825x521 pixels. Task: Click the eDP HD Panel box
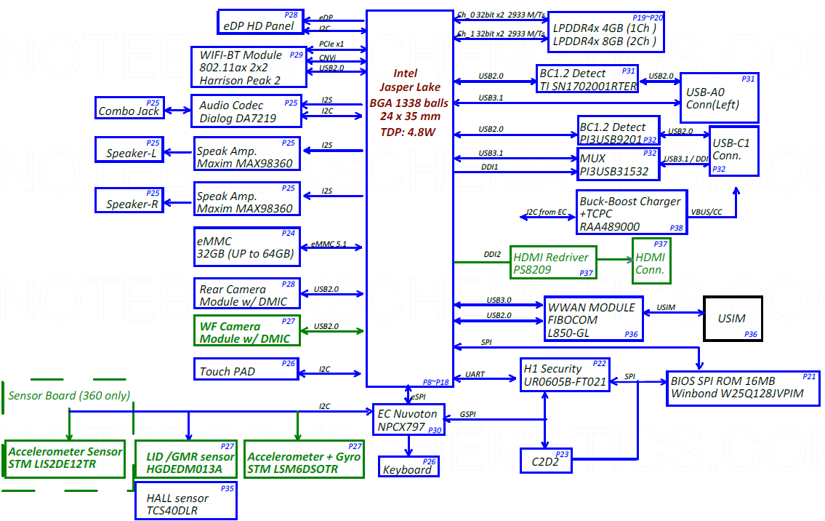259,22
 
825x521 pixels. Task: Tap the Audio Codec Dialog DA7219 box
246,111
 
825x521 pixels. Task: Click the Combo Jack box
129,108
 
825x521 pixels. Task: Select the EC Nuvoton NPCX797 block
408,420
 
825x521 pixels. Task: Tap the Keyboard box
409,466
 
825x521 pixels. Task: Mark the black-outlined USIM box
732,318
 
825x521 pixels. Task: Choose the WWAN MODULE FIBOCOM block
593,319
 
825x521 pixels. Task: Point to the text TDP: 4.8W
407,132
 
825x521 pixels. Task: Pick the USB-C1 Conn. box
734,149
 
